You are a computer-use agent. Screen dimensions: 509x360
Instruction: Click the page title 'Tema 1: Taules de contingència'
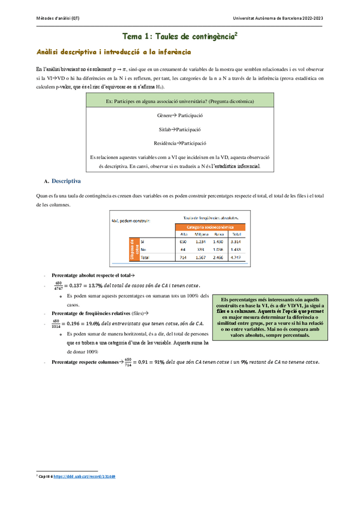coord(179,37)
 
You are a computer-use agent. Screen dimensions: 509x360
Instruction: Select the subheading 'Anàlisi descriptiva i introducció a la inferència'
coord(113,52)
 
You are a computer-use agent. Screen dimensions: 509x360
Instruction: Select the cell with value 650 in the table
coord(184,241)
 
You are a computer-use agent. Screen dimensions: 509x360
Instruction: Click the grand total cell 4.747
coord(237,256)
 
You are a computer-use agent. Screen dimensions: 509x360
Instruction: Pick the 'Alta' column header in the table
coord(184,233)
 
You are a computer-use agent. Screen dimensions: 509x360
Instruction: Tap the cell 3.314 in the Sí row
coord(237,241)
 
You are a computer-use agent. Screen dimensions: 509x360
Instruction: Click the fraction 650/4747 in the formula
coord(58,286)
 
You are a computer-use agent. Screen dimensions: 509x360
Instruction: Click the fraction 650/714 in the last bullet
coord(128,362)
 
